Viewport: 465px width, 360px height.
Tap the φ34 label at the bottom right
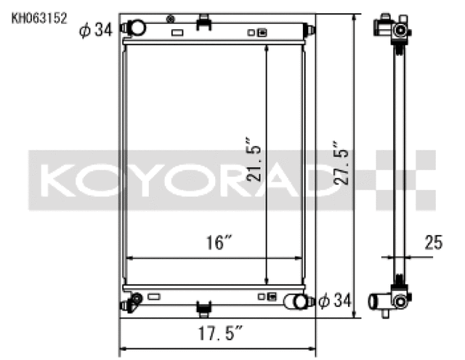[336, 300]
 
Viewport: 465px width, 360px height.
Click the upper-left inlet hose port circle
[137, 28]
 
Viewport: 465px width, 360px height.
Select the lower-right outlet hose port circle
[298, 302]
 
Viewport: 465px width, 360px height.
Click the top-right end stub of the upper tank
[310, 31]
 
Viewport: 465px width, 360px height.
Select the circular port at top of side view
[398, 30]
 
